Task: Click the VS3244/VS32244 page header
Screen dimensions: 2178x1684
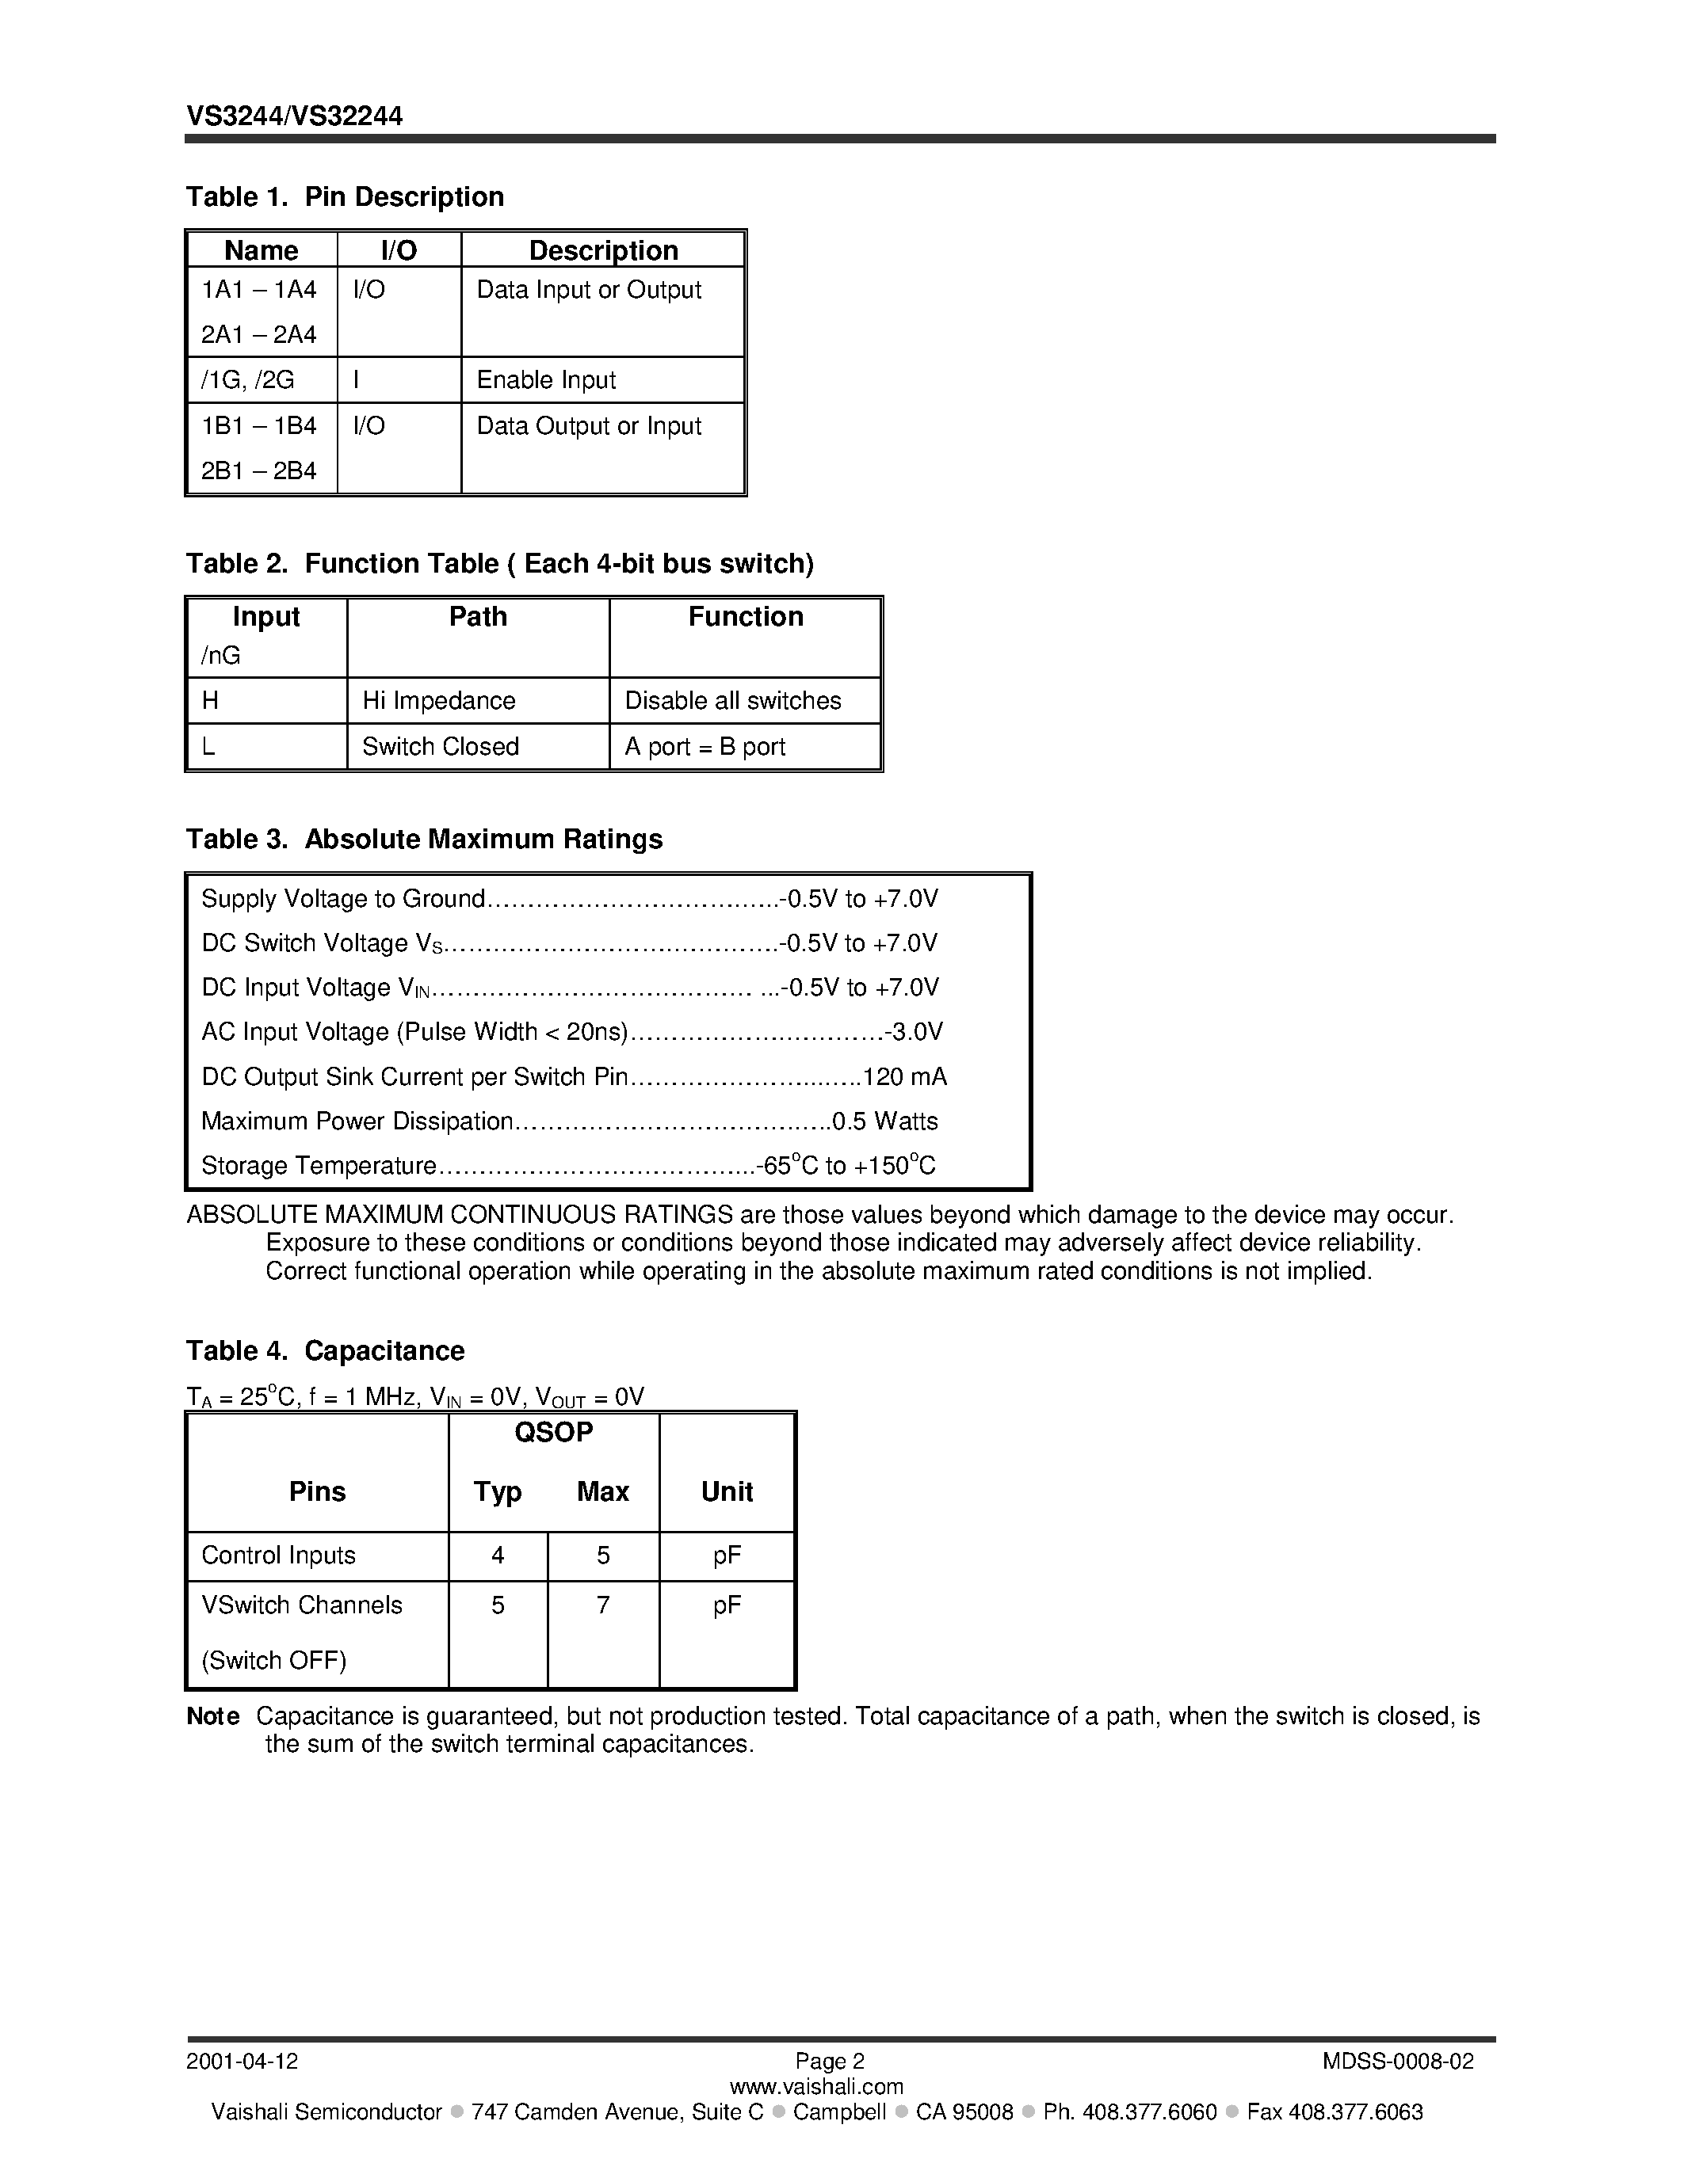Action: (294, 116)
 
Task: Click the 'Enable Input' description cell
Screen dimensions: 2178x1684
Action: (546, 380)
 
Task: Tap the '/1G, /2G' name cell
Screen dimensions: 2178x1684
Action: (247, 380)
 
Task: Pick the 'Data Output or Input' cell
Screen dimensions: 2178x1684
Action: (589, 426)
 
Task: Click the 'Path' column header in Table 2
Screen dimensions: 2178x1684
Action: (478, 616)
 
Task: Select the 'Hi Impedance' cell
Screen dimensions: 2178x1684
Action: (438, 700)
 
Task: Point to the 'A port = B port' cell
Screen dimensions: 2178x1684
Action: (705, 746)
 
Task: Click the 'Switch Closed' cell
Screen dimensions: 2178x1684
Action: (440, 746)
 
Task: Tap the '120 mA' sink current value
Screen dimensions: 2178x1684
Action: (904, 1077)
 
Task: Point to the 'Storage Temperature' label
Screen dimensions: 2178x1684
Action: (319, 1166)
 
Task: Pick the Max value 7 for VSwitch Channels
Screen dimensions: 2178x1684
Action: (602, 1605)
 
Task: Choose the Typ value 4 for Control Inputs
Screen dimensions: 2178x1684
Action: (497, 1555)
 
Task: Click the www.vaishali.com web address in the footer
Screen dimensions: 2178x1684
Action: (816, 2086)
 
